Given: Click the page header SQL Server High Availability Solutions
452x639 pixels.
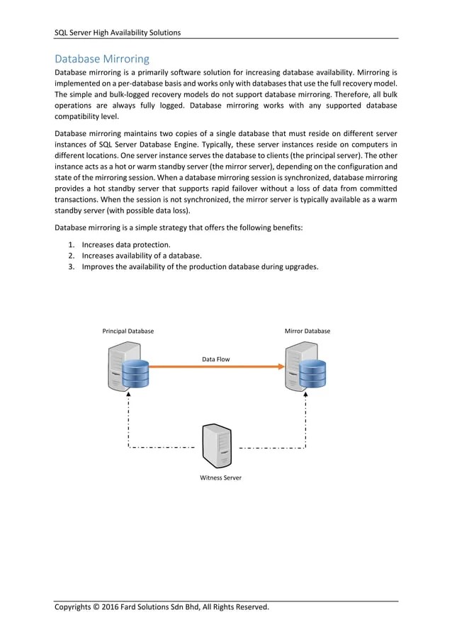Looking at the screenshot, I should click(118, 32).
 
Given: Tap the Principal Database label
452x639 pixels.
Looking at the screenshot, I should click(128, 331).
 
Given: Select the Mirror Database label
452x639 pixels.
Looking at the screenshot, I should click(307, 331).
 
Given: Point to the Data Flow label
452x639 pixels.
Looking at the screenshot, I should click(215, 359).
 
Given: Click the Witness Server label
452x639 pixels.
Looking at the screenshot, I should click(220, 477).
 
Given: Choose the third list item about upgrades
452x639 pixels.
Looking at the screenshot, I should click(200, 267).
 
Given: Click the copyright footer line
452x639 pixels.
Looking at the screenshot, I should click(162, 607).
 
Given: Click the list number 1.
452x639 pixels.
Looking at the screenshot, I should click(71, 244).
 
